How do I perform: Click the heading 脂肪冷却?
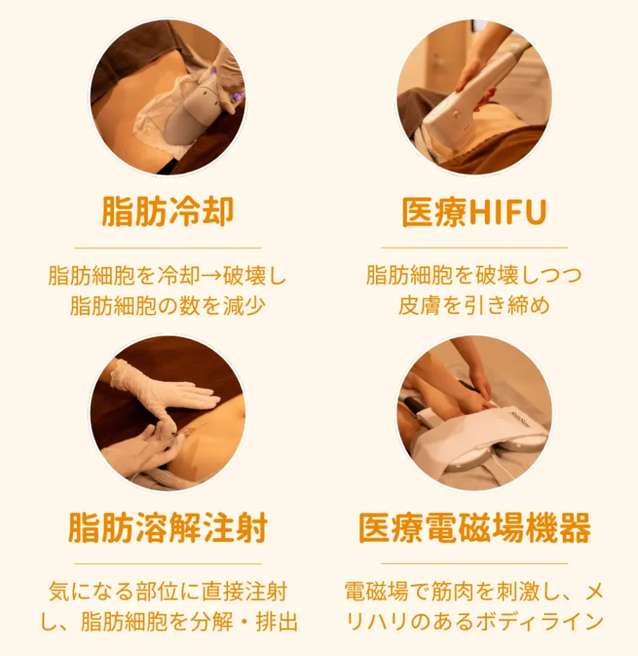pyautogui.click(x=167, y=212)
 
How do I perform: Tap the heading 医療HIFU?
pyautogui.click(x=474, y=212)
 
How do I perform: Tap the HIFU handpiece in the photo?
pyautogui.click(x=474, y=96)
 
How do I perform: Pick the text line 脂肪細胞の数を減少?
pyautogui.click(x=167, y=306)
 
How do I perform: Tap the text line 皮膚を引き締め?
pyautogui.click(x=474, y=306)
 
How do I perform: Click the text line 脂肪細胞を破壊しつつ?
pyautogui.click(x=474, y=276)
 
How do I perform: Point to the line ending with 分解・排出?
pyautogui.click(x=167, y=621)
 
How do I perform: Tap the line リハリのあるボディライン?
pyautogui.click(x=474, y=621)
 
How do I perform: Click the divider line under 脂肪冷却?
pyautogui.click(x=167, y=247)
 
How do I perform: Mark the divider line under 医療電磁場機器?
pyautogui.click(x=474, y=564)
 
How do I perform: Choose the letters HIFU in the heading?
pyautogui.click(x=509, y=212)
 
